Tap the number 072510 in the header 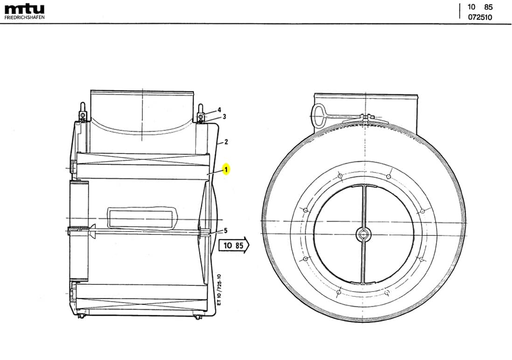(x=480, y=17)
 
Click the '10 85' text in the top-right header (x=480, y=7)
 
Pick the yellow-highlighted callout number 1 (x=226, y=170)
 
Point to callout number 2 (x=226, y=142)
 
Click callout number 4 (x=219, y=110)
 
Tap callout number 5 (x=226, y=230)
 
